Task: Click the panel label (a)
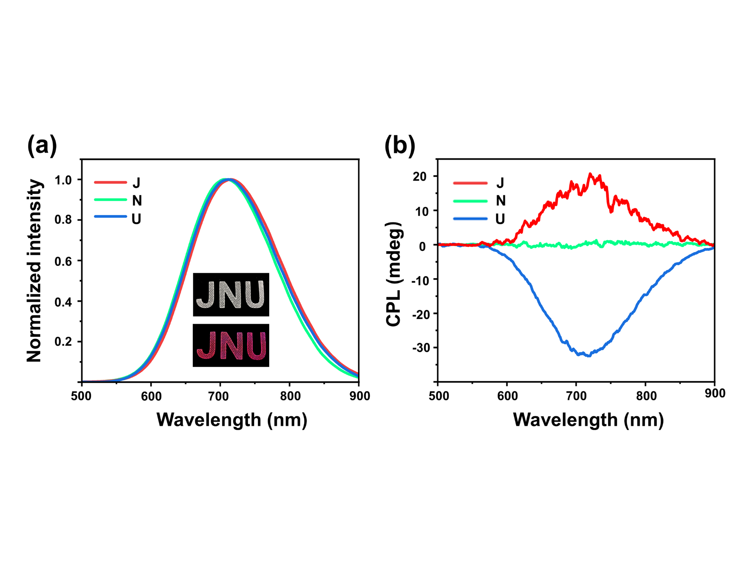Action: (42, 146)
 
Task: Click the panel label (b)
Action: (400, 146)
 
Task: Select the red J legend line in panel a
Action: (110, 183)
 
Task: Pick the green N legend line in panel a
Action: (110, 200)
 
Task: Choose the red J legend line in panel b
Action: (470, 183)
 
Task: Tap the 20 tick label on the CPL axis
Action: (420, 177)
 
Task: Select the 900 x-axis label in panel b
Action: (715, 393)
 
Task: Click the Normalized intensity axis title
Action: (34, 271)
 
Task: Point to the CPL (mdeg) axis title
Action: (394, 274)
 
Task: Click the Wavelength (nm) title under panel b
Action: (588, 420)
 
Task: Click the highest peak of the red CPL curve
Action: (590, 174)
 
